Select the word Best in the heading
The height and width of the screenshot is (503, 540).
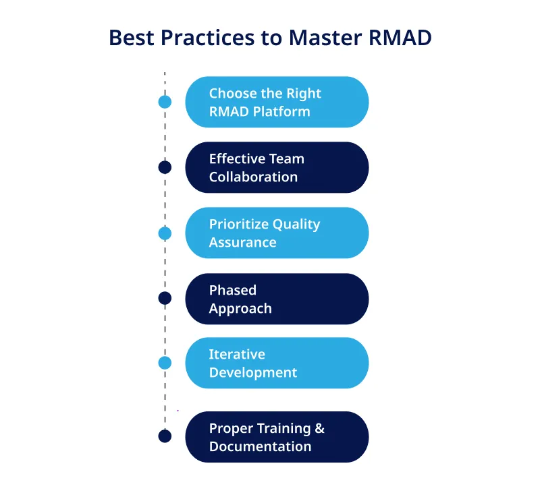(131, 38)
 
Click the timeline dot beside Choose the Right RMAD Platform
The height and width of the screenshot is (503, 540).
(165, 102)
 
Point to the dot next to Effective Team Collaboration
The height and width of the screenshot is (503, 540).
(165, 167)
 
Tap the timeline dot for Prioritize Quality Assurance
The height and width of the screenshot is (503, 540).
(165, 233)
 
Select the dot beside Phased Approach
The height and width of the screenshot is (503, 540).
(165, 298)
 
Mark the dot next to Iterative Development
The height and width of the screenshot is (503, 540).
(165, 363)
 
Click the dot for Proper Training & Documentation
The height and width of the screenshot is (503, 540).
(165, 436)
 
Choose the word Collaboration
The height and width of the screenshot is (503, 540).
(253, 177)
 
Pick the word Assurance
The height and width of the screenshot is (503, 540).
(242, 243)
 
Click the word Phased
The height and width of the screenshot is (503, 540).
(232, 291)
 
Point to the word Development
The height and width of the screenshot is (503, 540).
(253, 373)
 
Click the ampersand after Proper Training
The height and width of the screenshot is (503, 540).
(319, 429)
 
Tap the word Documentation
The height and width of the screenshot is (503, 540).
(260, 446)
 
